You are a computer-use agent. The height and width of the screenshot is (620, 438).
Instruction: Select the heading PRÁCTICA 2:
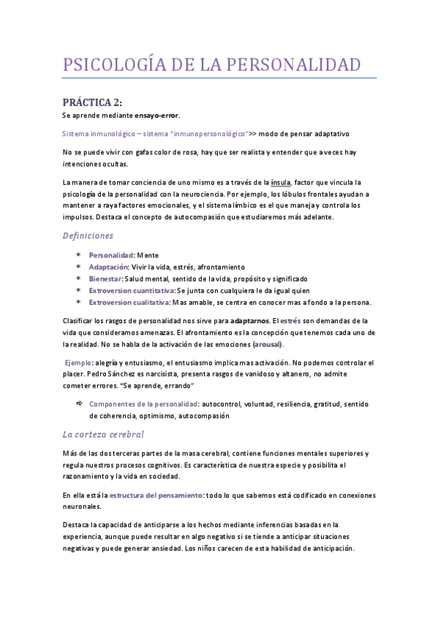[92, 102]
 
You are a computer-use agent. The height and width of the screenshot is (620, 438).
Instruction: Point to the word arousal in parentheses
[268, 344]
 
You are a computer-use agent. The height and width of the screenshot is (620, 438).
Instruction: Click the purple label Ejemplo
[78, 363]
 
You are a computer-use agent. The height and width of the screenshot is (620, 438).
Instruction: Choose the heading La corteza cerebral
[102, 434]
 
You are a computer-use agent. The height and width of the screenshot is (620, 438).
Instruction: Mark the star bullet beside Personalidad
[79, 255]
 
